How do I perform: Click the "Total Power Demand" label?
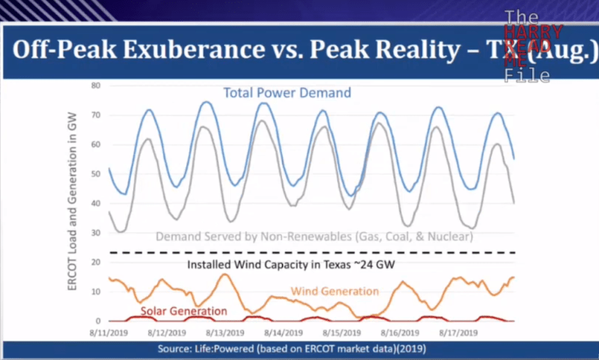tap(287, 92)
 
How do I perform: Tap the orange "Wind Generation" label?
tap(334, 291)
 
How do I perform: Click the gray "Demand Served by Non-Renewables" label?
tap(314, 236)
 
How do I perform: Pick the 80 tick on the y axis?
tap(96, 85)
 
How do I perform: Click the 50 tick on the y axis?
tap(96, 174)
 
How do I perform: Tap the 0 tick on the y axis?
tap(99, 321)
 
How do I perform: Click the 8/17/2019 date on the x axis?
tap(459, 333)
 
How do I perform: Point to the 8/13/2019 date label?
tap(215, 333)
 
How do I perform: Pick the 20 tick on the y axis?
tap(96, 262)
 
